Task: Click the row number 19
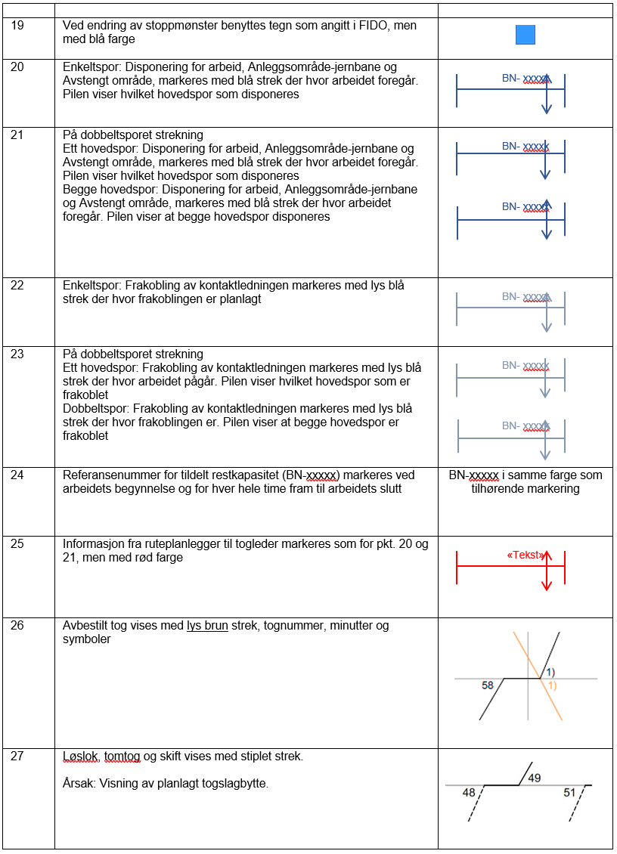[x=17, y=26]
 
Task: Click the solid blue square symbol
[x=525, y=36]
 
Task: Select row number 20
[x=17, y=67]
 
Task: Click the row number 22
[x=17, y=286]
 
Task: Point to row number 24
[x=17, y=475]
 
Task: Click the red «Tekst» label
[x=525, y=555]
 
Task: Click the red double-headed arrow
[x=547, y=570]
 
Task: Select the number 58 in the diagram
[x=488, y=685]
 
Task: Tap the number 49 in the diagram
[x=534, y=778]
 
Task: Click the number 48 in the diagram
[x=469, y=793]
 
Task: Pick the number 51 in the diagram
[x=570, y=793]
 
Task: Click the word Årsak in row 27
[x=78, y=784]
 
